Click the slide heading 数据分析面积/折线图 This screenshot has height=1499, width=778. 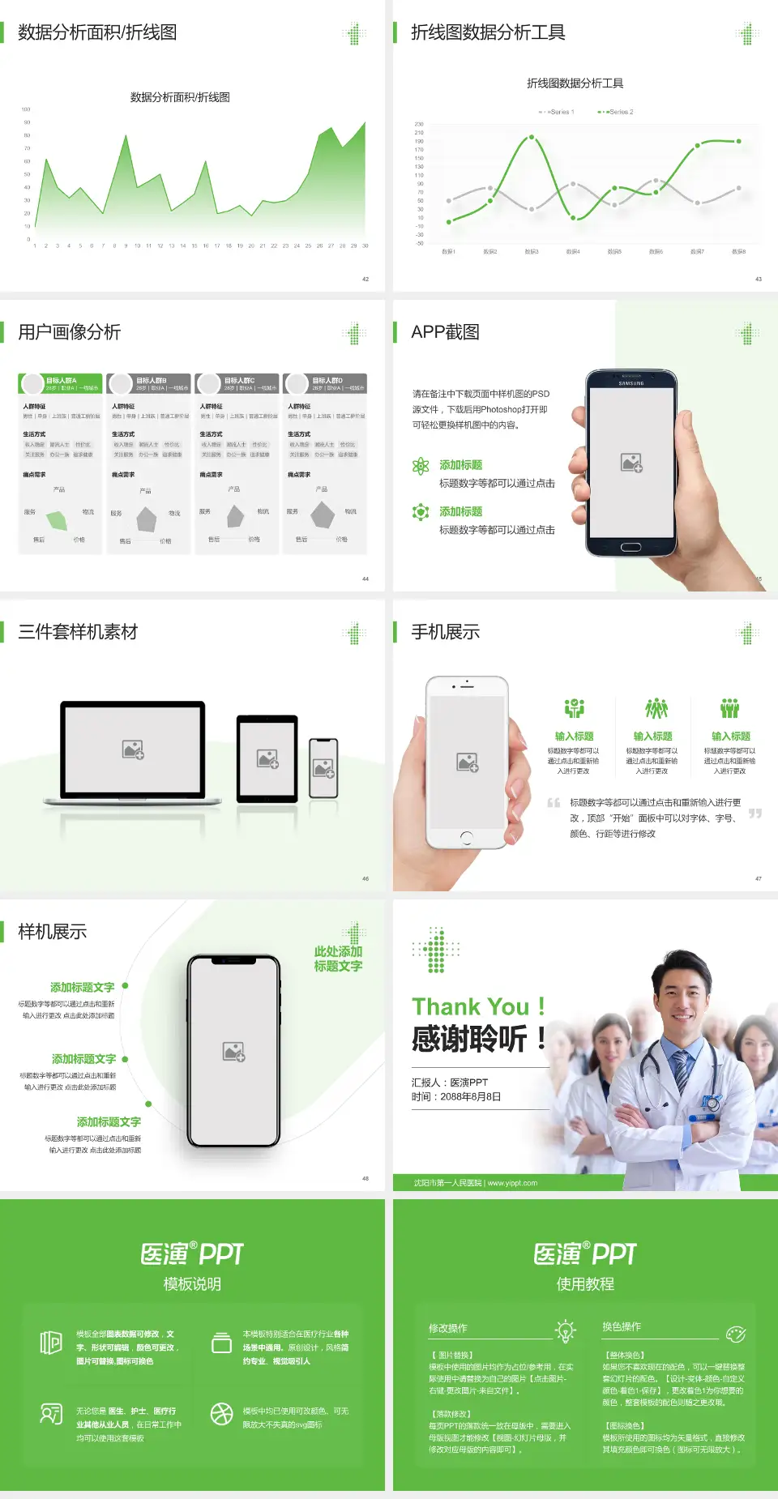pyautogui.click(x=97, y=32)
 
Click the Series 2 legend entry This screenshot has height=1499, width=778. pyautogui.click(x=617, y=112)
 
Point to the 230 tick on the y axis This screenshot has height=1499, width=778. pyautogui.click(x=419, y=124)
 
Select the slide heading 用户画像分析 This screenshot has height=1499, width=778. pyautogui.click(x=70, y=332)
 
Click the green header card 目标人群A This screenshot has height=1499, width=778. pyautogui.click(x=61, y=383)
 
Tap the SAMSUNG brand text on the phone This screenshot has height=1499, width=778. pyautogui.click(x=631, y=383)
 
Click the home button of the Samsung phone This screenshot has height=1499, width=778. pyautogui.click(x=631, y=547)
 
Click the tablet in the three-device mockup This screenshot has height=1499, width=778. pyautogui.click(x=267, y=758)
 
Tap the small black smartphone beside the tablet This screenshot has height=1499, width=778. pyautogui.click(x=323, y=767)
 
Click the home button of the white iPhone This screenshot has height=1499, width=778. pyautogui.click(x=466, y=837)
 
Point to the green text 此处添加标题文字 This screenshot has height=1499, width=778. pyautogui.click(x=338, y=959)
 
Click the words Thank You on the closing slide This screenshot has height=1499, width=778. pyautogui.click(x=470, y=1007)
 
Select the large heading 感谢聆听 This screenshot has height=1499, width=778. pyautogui.click(x=470, y=1039)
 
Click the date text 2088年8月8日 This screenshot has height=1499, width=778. pyautogui.click(x=471, y=1097)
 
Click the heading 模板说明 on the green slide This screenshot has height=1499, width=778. pyautogui.click(x=192, y=1284)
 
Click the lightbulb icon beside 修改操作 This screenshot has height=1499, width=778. pyautogui.click(x=565, y=1330)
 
